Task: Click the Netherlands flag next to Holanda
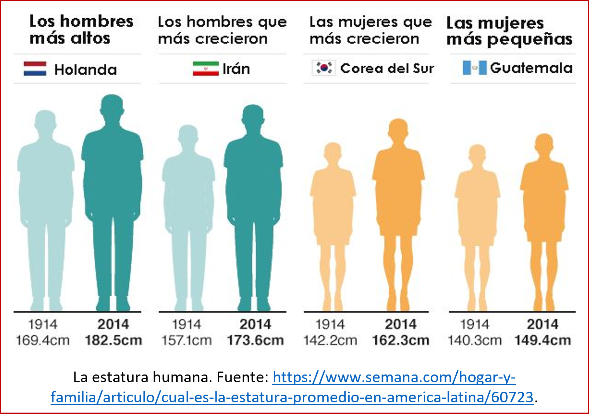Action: pos(35,69)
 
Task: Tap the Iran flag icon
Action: pos(206,69)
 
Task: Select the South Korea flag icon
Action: pos(324,68)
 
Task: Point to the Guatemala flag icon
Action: pos(475,68)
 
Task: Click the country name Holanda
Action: pos(85,70)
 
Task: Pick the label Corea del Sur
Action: pos(387,69)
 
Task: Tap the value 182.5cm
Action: pos(113,340)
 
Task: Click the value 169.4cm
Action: pos(43,340)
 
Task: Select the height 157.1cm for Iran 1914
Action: pos(187,340)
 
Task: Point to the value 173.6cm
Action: pos(255,340)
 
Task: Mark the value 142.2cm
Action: pos(330,340)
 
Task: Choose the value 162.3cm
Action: pos(401,340)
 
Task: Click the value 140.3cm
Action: pos(475,340)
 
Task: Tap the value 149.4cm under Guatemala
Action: pos(542,340)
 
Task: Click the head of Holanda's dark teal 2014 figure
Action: pos(112,106)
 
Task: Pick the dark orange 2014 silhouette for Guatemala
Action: pos(544,213)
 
